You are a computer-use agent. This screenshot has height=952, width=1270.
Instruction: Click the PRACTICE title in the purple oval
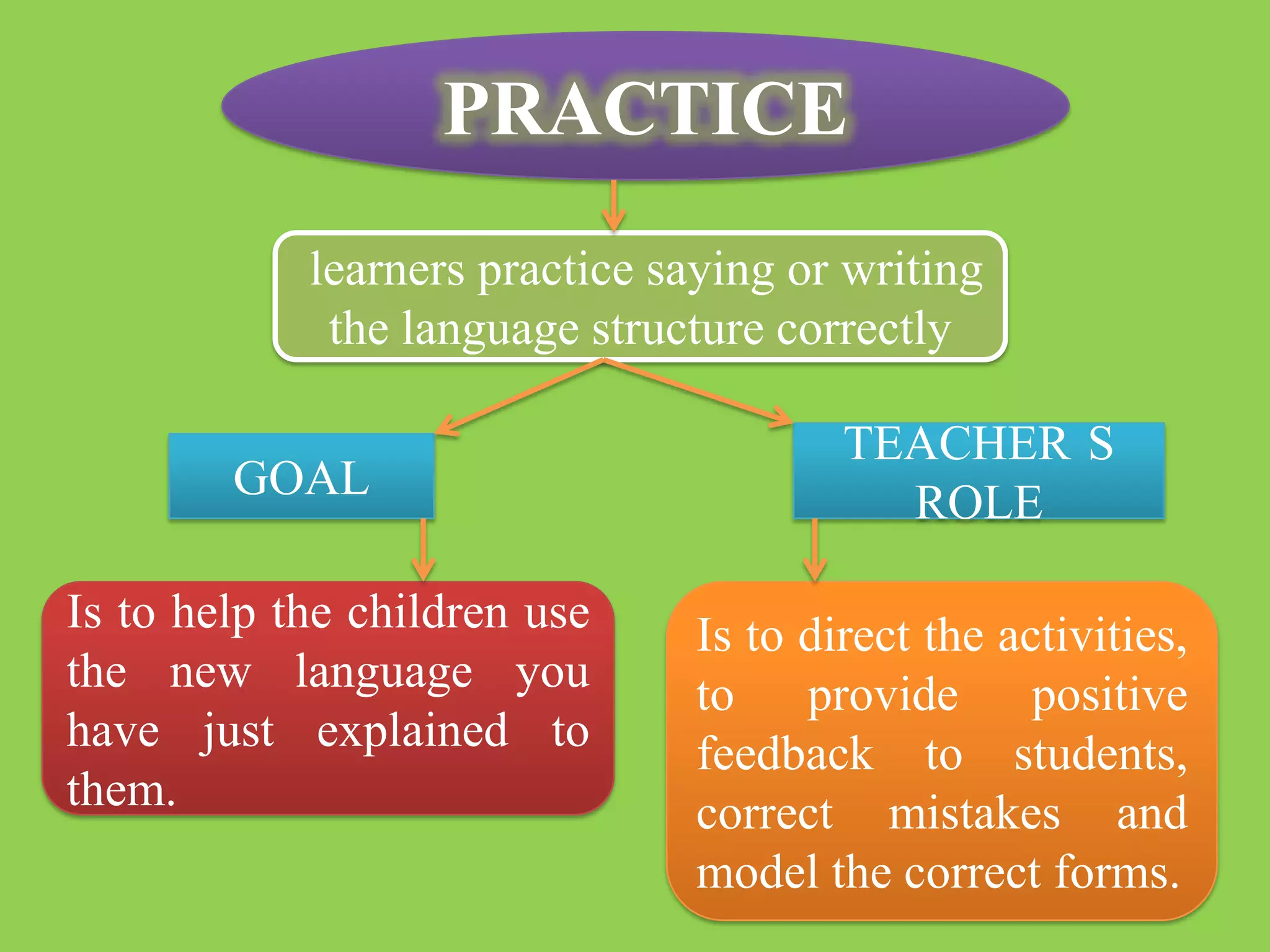point(645,109)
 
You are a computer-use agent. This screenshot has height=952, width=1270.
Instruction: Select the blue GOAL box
point(301,477)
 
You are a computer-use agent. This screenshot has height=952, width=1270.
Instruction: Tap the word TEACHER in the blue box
point(957,444)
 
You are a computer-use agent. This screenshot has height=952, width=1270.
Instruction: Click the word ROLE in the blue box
point(979,502)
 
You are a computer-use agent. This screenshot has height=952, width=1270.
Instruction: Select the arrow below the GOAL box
point(423,549)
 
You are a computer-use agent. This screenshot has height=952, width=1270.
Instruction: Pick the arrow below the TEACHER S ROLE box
point(814,549)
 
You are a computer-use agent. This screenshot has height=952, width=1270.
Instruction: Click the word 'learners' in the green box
point(387,270)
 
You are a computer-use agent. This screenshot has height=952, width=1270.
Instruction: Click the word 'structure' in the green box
point(677,328)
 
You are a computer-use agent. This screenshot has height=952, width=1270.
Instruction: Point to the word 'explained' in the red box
point(412,732)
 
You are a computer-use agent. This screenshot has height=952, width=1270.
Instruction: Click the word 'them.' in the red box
point(122,790)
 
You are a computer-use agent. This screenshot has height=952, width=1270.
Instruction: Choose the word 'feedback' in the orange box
point(785,754)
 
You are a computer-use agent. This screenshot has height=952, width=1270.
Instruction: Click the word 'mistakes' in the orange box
point(974,814)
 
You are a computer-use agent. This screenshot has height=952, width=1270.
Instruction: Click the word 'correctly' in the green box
point(863,330)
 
